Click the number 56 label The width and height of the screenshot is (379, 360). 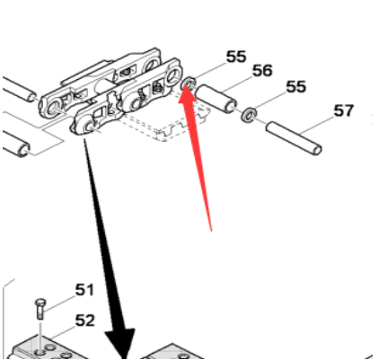[x=262, y=71]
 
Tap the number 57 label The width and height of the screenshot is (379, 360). [x=344, y=110]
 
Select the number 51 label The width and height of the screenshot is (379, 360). [x=84, y=290]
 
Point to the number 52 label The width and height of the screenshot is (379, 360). [x=84, y=320]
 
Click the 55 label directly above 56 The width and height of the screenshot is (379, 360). [x=236, y=57]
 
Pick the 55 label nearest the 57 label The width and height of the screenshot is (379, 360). [x=296, y=86]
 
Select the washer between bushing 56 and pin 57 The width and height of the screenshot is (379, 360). [x=249, y=116]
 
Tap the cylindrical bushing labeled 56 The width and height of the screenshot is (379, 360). [x=216, y=99]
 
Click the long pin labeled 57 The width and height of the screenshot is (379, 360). [x=294, y=137]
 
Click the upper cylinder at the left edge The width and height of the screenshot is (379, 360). [x=20, y=90]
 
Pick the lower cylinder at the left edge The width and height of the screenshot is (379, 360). [x=15, y=144]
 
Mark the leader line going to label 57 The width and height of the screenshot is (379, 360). [x=317, y=125]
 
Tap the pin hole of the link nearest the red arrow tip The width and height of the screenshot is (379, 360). [x=173, y=75]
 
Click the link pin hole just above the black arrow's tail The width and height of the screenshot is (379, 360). [x=88, y=126]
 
